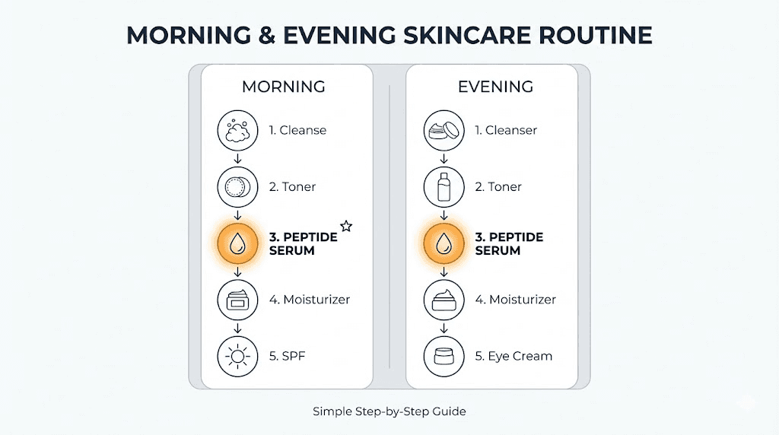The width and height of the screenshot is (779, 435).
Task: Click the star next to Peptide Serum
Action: [346, 226]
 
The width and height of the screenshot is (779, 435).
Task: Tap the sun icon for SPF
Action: [237, 356]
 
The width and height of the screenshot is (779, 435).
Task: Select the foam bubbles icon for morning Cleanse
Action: [237, 130]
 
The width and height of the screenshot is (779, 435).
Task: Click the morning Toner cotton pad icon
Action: [237, 186]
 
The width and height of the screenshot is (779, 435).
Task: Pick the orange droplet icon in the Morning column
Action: [237, 243]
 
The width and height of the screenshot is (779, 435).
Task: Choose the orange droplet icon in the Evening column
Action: [444, 243]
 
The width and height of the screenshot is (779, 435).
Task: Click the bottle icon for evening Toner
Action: [444, 186]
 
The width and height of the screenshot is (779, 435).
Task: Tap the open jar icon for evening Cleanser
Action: [444, 130]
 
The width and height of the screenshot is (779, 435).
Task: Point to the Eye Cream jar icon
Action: [444, 356]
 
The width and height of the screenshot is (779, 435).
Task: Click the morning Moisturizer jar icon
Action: [237, 300]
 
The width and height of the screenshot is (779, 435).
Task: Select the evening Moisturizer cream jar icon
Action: [444, 300]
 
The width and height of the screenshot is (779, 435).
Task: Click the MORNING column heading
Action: [283, 87]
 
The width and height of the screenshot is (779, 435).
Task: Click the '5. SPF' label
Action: [286, 356]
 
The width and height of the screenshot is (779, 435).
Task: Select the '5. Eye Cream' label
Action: [514, 356]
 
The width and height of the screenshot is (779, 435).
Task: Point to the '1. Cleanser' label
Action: [506, 130]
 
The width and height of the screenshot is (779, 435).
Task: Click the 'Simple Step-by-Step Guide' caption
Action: [389, 411]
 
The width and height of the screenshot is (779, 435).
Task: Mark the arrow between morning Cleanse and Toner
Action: [237, 158]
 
